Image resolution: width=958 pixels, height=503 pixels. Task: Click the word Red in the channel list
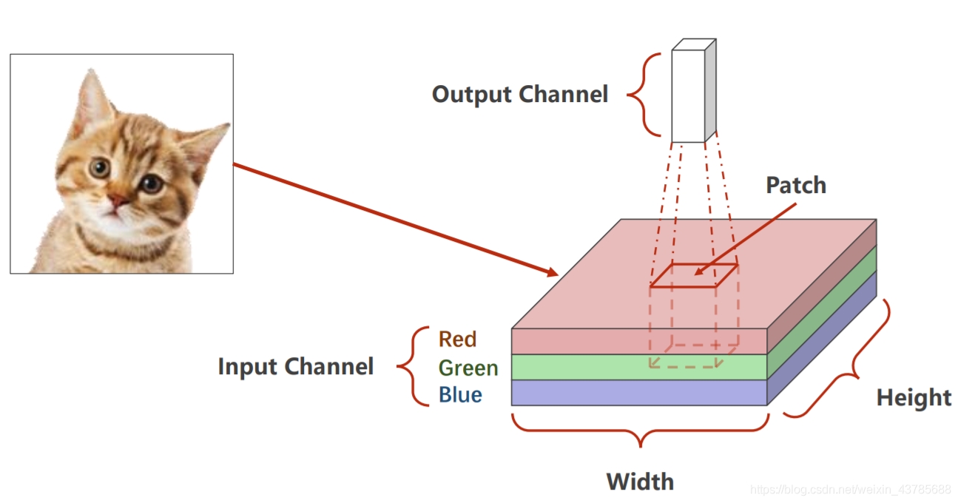pos(457,340)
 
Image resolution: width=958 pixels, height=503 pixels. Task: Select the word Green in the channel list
pos(468,368)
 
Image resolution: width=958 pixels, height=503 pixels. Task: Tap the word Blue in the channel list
pos(460,395)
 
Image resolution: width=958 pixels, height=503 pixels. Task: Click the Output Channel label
pos(519,95)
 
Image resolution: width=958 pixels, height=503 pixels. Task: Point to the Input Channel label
pos(295,367)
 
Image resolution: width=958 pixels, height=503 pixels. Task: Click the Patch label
pos(795,185)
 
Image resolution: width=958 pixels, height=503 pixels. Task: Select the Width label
pos(640,482)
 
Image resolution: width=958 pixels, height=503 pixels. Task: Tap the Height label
pos(914,398)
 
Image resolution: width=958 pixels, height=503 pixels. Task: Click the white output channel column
pos(689,96)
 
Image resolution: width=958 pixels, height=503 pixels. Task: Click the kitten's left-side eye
pos(99,168)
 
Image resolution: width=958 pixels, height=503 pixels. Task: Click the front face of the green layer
pos(577,367)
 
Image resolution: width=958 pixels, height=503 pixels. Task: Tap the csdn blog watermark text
pos(850,490)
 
